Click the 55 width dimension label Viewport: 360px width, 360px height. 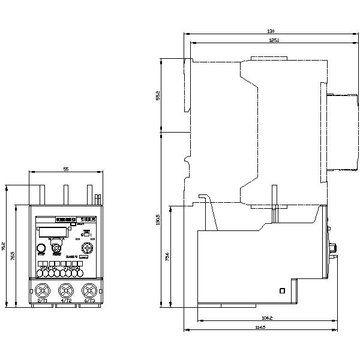[x=65, y=170]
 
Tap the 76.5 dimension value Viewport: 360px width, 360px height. [x=13, y=256]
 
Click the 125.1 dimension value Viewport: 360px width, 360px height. [x=257, y=40]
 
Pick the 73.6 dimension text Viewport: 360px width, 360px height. [x=167, y=256]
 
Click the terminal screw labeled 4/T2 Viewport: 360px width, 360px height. [x=65, y=291]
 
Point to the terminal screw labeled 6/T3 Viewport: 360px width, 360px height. [x=89, y=291]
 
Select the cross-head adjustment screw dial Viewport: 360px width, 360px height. [x=88, y=248]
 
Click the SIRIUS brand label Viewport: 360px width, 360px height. [x=88, y=220]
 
